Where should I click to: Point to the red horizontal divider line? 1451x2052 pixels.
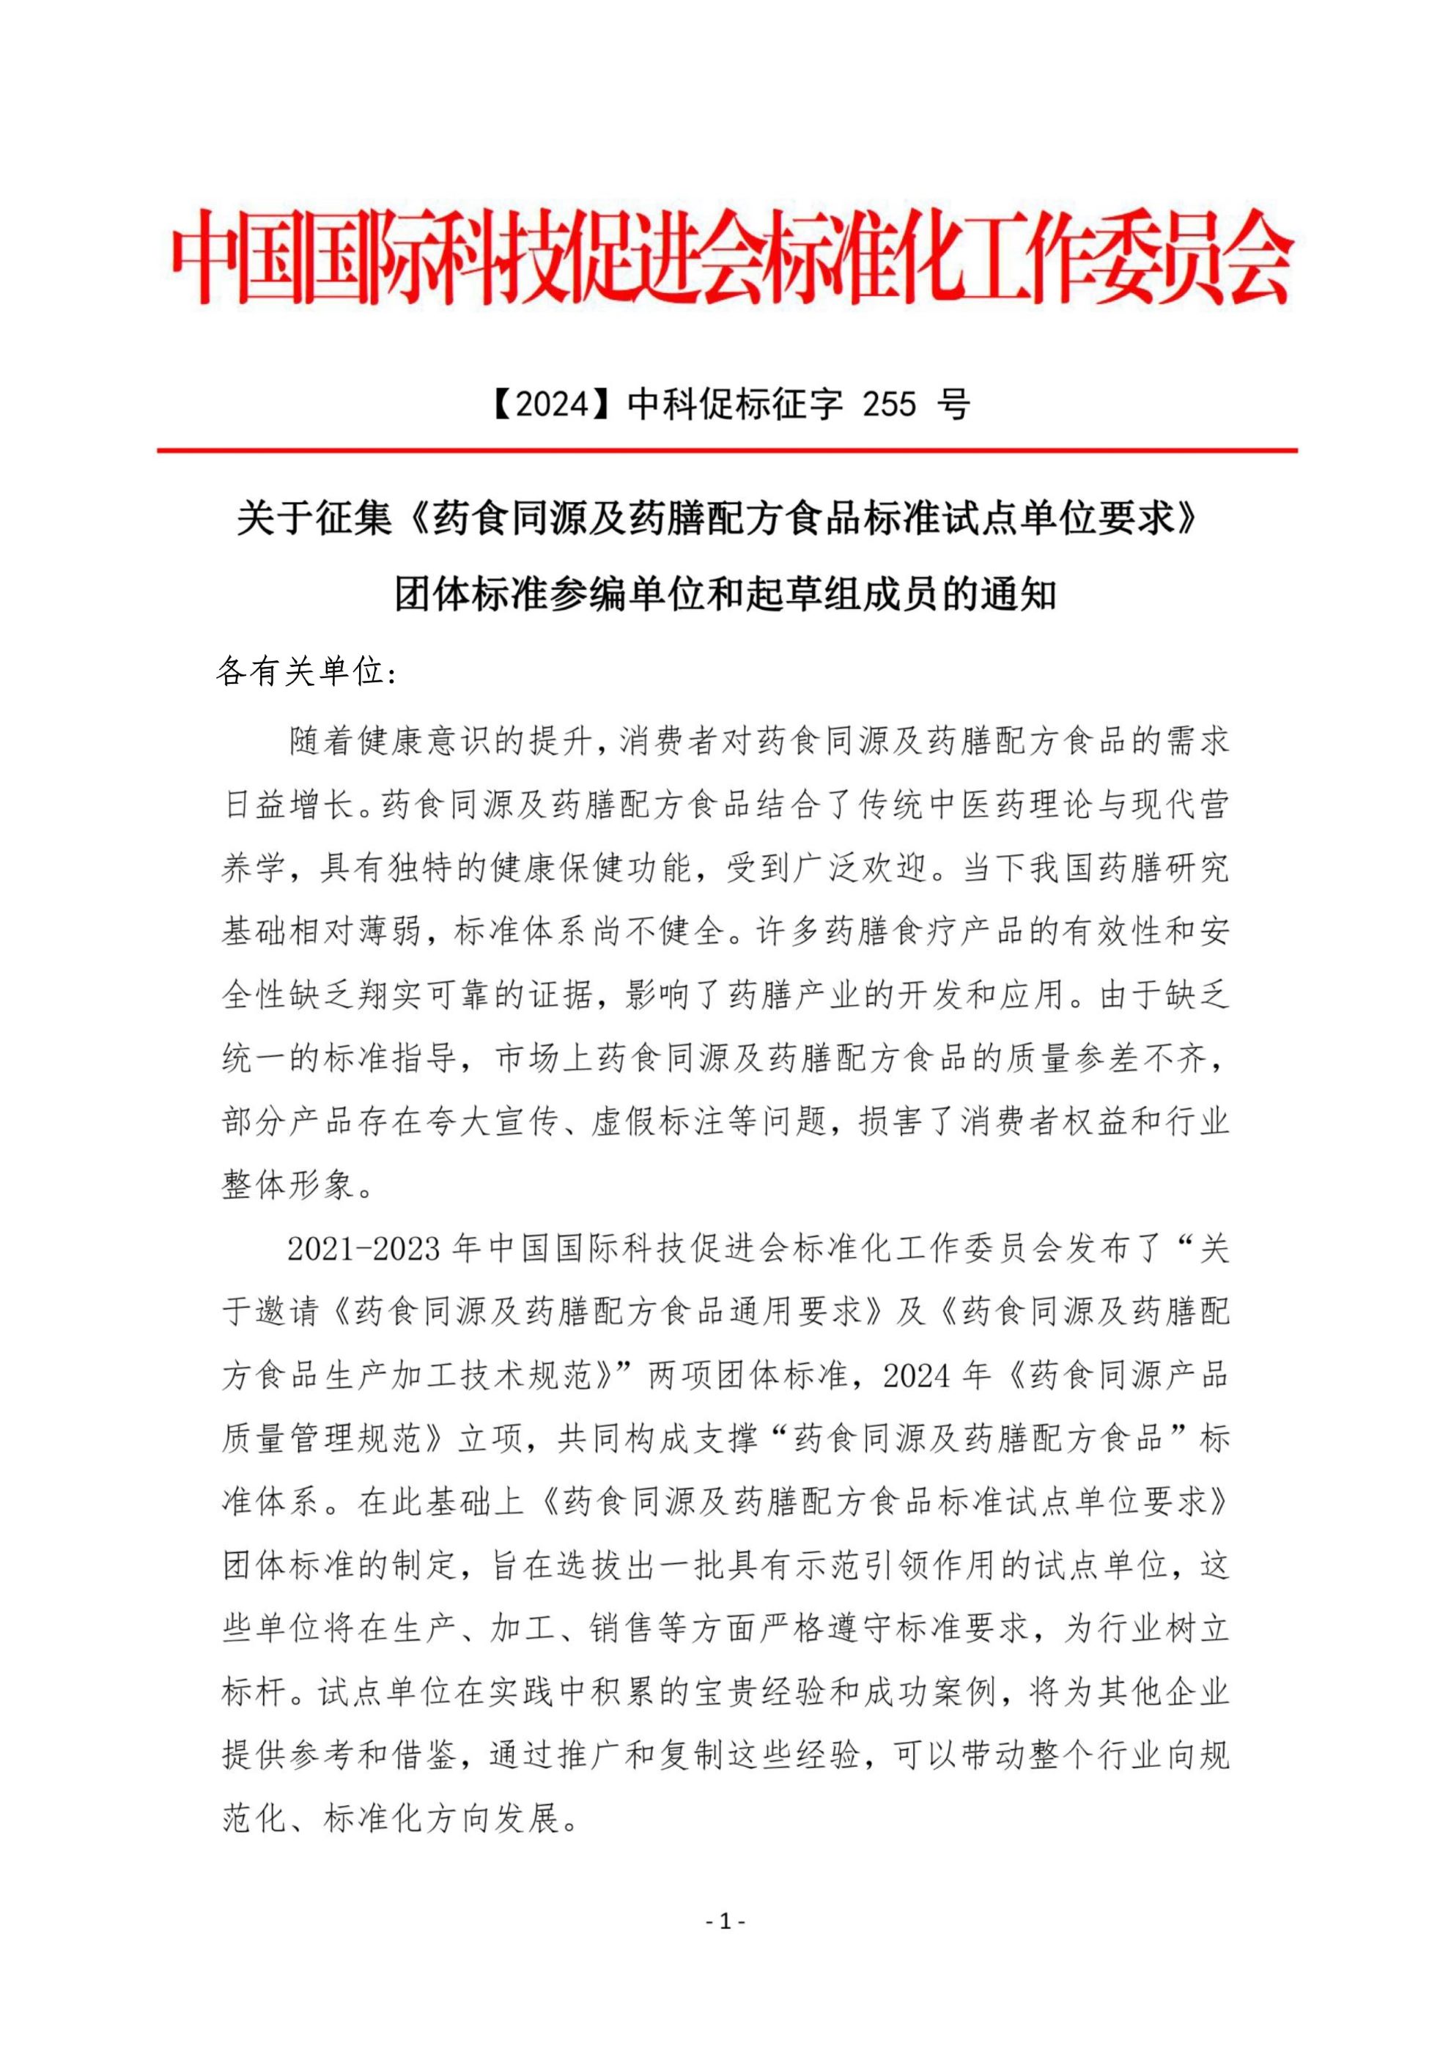[x=726, y=451]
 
